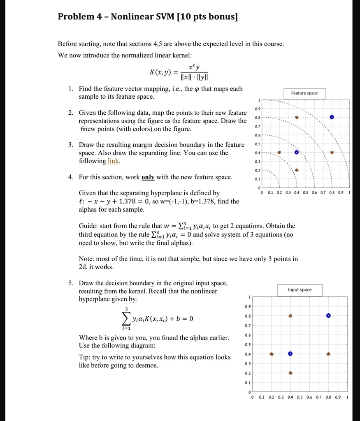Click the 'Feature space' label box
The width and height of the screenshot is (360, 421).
pos(304,93)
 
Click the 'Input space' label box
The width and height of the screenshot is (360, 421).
pos(300,290)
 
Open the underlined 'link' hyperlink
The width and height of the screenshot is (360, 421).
pos(113,161)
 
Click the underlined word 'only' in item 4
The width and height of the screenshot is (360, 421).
pos(148,177)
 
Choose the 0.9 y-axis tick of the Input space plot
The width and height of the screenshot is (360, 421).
pos(247,306)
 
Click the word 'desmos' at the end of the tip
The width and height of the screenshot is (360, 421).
pos(147,365)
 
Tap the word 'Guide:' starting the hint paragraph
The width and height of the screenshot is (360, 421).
pos(88,226)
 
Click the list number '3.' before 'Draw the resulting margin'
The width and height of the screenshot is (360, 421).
pos(71,145)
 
